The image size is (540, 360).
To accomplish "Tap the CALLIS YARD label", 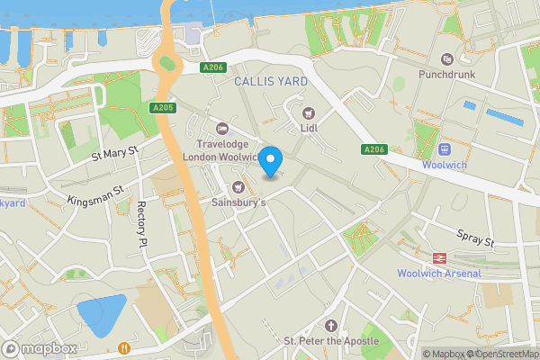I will click(271, 82).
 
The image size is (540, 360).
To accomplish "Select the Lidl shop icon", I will click(310, 113).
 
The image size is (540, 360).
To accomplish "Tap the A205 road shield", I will click(162, 108).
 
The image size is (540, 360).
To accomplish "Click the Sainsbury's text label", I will click(238, 203).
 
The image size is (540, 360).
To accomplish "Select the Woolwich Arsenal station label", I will click(439, 274).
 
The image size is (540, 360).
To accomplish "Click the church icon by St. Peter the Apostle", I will click(330, 325).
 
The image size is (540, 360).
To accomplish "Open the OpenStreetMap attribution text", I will click(500, 354).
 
